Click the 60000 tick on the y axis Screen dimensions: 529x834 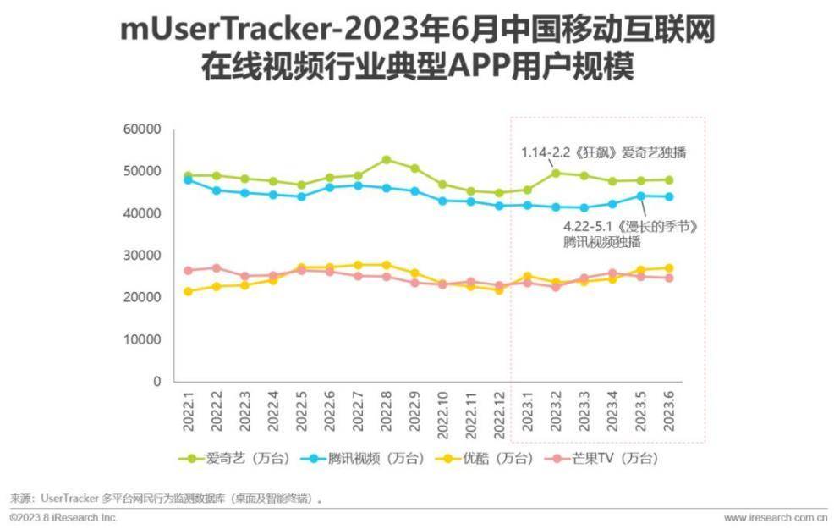coord(143,129)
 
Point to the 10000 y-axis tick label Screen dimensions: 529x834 coord(143,339)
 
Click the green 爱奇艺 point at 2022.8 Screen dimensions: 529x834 coord(386,160)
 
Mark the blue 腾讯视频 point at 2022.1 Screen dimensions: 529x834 coord(188,179)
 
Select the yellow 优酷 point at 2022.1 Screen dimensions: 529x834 coord(188,291)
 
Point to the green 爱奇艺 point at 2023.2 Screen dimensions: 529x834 coord(556,174)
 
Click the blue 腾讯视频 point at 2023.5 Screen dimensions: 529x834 coord(640,196)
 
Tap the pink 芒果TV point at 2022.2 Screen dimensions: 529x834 coord(216,268)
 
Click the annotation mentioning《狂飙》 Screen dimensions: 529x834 coord(602,153)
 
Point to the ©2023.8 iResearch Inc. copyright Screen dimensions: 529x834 coord(63,517)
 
